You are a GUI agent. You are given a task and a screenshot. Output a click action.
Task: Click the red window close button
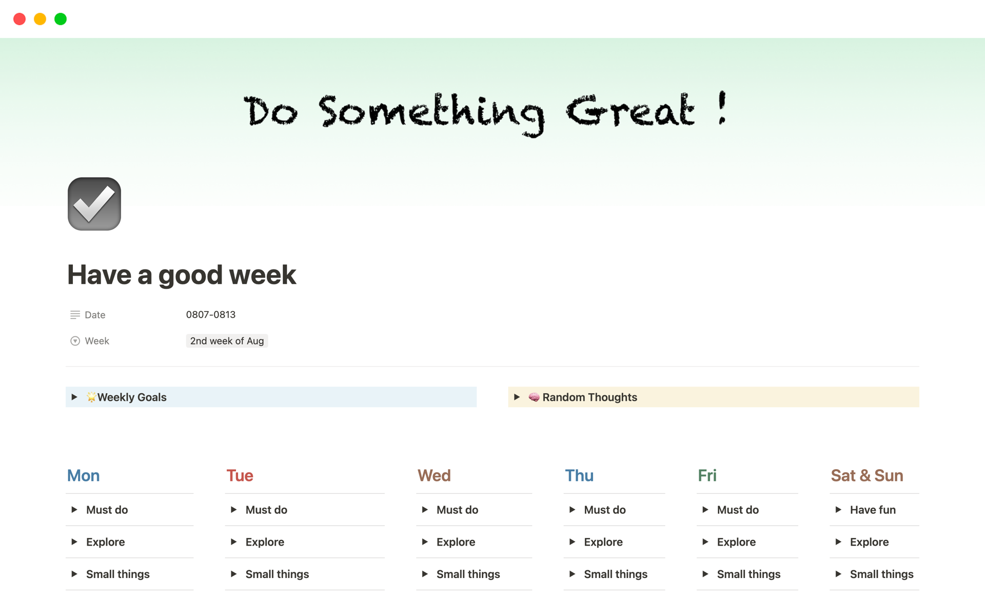(x=19, y=19)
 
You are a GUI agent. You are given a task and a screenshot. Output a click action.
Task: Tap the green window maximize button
(x=61, y=19)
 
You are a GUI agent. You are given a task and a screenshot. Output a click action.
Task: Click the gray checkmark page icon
(x=94, y=204)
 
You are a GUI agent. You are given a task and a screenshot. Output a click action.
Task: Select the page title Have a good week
(x=182, y=275)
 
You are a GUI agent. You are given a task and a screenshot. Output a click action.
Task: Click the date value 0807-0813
(x=211, y=315)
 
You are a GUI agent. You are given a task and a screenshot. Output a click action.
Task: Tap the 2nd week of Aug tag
(x=227, y=341)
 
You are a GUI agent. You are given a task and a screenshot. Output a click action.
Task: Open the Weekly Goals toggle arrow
(x=74, y=397)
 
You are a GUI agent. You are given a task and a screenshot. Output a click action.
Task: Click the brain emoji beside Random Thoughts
(x=534, y=397)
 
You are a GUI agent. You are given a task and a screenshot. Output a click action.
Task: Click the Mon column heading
(x=84, y=475)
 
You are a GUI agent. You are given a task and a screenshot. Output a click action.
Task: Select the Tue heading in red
(x=240, y=475)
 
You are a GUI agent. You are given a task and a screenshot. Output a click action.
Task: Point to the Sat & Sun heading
(x=867, y=475)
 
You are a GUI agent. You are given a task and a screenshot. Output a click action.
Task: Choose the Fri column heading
(x=707, y=475)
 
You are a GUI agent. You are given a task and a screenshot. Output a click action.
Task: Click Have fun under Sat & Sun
(x=873, y=510)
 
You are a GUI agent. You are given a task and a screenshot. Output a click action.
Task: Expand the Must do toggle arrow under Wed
(x=425, y=510)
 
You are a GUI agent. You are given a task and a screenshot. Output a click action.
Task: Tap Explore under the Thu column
(x=603, y=542)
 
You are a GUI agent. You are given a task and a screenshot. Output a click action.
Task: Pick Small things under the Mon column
(x=118, y=574)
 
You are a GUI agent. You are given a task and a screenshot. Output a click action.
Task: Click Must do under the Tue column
(x=266, y=510)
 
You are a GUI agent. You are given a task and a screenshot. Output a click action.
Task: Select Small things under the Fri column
(x=748, y=574)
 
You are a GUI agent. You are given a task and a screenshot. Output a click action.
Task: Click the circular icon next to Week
(x=75, y=341)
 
